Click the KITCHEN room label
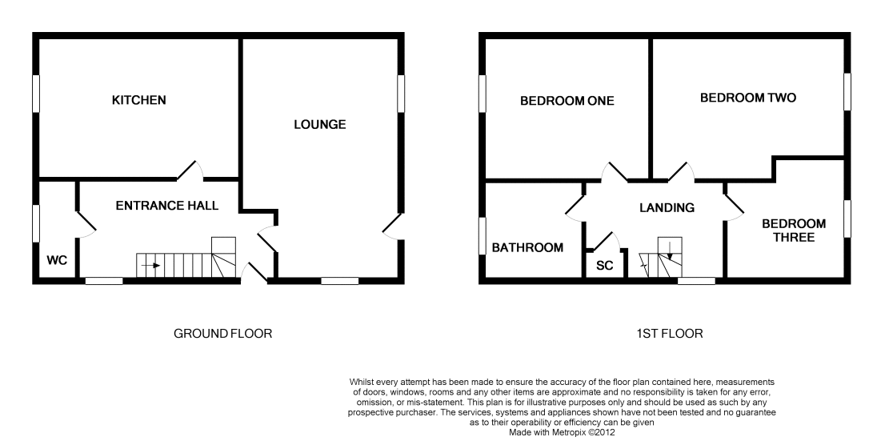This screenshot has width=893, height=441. [x=139, y=100]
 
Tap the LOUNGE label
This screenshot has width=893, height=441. [x=320, y=124]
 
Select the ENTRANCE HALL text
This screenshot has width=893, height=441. [x=167, y=206]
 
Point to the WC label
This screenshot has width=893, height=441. [x=57, y=260]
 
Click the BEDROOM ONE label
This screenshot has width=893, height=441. [x=567, y=101]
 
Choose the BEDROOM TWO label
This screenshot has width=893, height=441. [x=748, y=98]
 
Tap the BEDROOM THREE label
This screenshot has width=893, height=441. [x=794, y=231]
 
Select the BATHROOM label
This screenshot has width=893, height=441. [x=528, y=248]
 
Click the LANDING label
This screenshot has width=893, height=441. [x=667, y=208]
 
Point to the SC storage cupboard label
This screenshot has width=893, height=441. [x=604, y=266]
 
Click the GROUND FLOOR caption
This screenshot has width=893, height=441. [x=222, y=334]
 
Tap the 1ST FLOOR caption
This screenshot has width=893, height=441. [x=670, y=334]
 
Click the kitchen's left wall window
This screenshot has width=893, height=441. [x=36, y=94]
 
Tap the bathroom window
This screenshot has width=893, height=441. [x=483, y=236]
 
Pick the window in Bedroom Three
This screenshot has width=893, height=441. [x=847, y=218]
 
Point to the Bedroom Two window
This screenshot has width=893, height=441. [x=847, y=92]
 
